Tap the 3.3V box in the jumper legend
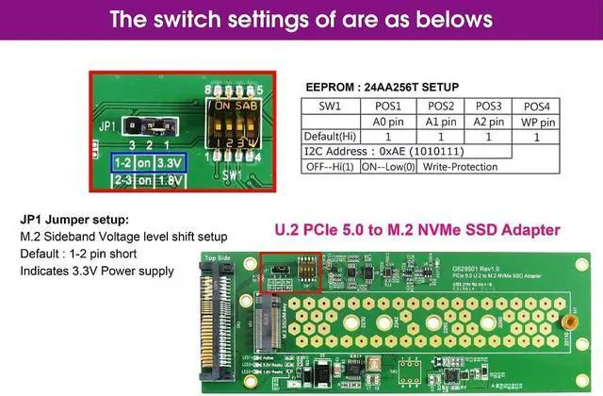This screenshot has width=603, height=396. [x=171, y=161]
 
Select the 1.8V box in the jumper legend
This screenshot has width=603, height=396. [x=171, y=179]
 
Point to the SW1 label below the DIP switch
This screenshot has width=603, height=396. [x=232, y=175]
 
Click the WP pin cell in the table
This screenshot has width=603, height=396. [x=537, y=122]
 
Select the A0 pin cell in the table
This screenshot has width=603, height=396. [x=386, y=122]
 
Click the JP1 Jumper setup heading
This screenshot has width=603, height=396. [x=74, y=220]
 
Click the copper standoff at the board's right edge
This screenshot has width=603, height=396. [x=570, y=322]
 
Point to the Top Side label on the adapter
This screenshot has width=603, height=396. [x=218, y=256]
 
